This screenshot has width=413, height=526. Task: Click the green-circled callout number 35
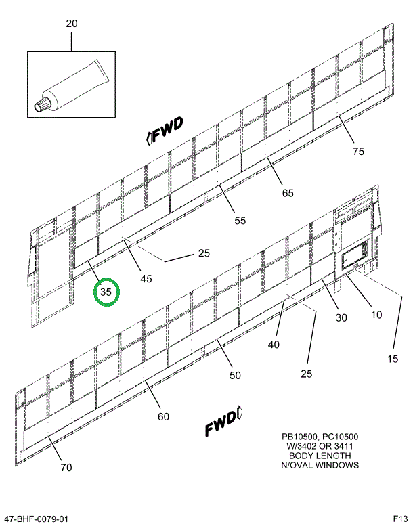point(106,292)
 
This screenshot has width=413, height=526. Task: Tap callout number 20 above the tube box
point(72,24)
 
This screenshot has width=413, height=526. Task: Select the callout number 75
point(358,151)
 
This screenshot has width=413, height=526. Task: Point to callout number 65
point(288,193)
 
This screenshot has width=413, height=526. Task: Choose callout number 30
point(341,317)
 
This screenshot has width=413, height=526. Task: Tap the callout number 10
point(376,314)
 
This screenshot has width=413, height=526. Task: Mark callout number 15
point(392,358)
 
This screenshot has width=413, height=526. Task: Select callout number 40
point(274,345)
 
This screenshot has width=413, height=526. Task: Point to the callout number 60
point(163,416)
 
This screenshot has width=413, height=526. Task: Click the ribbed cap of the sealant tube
point(42,105)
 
